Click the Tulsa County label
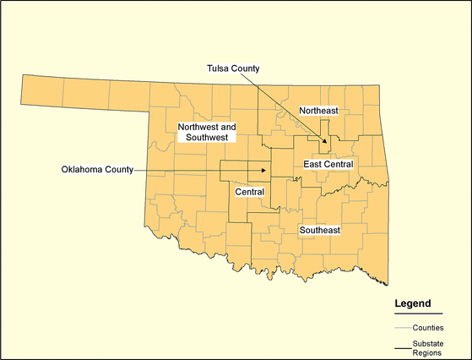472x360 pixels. [x=234, y=68]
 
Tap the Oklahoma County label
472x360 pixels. [x=97, y=169]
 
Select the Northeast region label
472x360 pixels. [x=318, y=111]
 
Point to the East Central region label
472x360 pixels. [x=327, y=163]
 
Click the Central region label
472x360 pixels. [x=250, y=192]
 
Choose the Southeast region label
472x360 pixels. [x=320, y=230]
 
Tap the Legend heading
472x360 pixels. [x=413, y=303]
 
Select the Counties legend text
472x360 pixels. [x=429, y=327]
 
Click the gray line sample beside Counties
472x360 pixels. [x=402, y=327]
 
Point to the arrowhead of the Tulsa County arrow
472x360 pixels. [x=328, y=141]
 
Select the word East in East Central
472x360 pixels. [x=312, y=163]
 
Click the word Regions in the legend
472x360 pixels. [x=428, y=353]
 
